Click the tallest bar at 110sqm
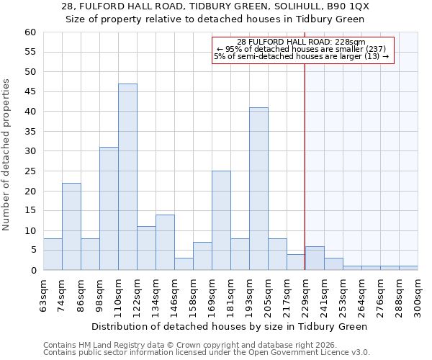tap(127, 177)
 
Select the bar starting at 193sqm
tap(258, 189)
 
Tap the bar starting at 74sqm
tap(71, 226)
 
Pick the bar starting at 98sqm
tap(109, 209)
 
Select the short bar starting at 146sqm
tap(184, 264)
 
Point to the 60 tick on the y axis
tap(30, 32)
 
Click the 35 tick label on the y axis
tap(30, 132)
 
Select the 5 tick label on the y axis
tap(32, 251)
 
